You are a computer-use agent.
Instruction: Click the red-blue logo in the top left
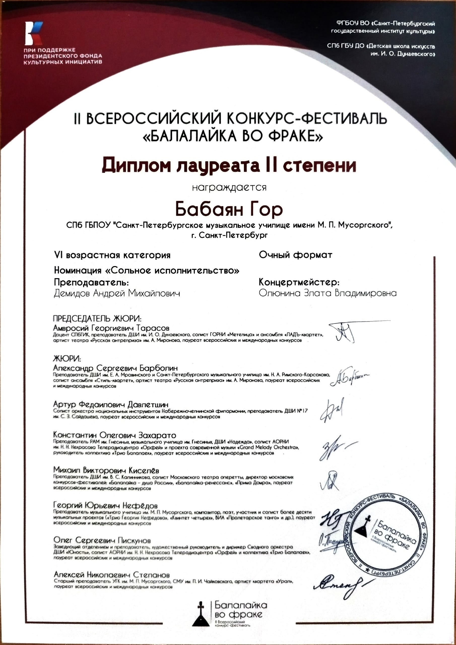pos(34,34)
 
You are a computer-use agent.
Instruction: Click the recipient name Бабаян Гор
pos(229,209)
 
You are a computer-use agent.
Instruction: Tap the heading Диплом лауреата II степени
pos(229,166)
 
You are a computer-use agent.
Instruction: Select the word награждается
pos(229,187)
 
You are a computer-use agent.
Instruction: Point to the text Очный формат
pos(295,255)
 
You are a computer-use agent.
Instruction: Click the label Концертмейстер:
pos(299,282)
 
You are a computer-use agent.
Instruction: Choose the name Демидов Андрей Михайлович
pos(117,293)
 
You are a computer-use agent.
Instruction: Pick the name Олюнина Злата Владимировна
pos(328,293)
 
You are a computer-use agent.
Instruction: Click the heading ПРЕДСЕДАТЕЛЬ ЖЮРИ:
pos(97,318)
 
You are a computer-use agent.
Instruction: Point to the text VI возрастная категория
pos(112,255)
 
